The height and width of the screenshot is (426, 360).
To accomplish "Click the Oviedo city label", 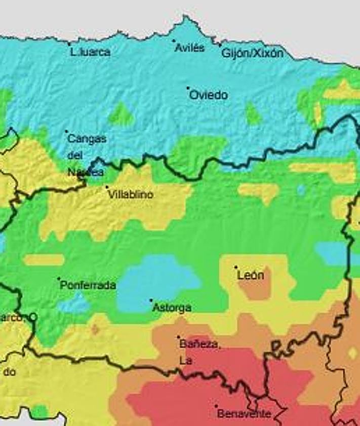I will pyautogui.click(x=209, y=95).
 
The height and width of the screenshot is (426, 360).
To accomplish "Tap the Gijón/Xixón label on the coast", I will pyautogui.click(x=252, y=53).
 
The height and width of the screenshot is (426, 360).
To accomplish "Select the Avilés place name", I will pyautogui.click(x=189, y=48).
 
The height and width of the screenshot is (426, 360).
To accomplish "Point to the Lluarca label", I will pyautogui.click(x=91, y=52).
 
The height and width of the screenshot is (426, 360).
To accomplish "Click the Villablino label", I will pyautogui.click(x=131, y=195).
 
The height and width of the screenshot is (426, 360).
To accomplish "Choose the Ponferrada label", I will pyautogui.click(x=88, y=285).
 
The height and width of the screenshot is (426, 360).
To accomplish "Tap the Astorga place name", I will pyautogui.click(x=172, y=307).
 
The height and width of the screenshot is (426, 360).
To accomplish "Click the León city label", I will pyautogui.click(x=250, y=276).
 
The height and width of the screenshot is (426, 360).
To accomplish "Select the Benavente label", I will pyautogui.click(x=244, y=414).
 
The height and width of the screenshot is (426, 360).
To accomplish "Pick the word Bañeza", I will pyautogui.click(x=199, y=344).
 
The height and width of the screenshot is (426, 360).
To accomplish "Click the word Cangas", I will pyautogui.click(x=87, y=139).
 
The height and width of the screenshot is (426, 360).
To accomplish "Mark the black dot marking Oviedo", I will pyautogui.click(x=188, y=88).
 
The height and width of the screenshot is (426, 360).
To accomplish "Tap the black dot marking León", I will pyautogui.click(x=235, y=267).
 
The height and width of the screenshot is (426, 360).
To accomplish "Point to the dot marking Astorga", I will pyautogui.click(x=151, y=300).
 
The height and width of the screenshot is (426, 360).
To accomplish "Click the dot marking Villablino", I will pyautogui.click(x=107, y=187).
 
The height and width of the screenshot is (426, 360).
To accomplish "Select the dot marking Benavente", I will pyautogui.click(x=216, y=406).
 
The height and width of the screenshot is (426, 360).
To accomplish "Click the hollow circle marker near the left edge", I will pyautogui.click(x=33, y=317).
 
